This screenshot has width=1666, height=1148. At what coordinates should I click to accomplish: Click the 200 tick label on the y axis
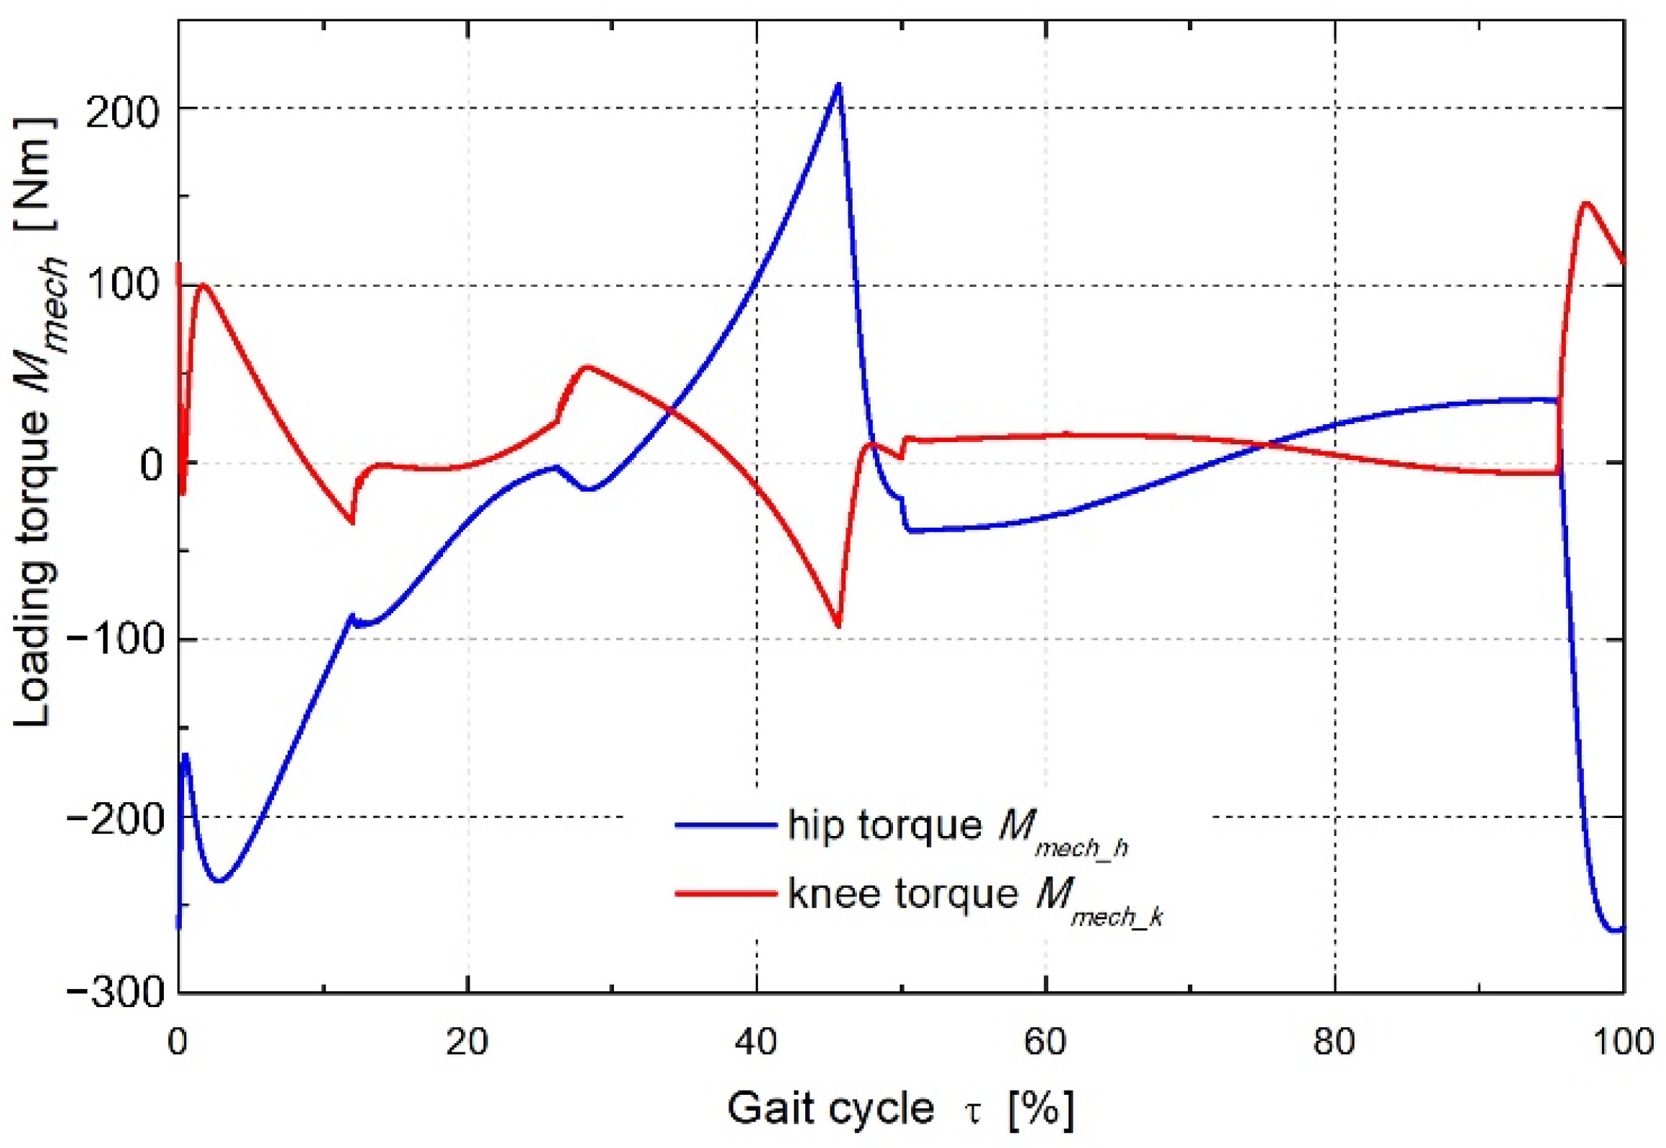(121, 113)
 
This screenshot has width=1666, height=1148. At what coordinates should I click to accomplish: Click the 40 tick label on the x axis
(756, 1042)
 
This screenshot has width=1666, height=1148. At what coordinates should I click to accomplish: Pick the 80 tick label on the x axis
(1335, 1042)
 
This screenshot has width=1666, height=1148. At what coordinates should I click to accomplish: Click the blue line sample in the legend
(726, 825)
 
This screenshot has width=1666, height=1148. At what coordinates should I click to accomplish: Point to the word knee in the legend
(835, 894)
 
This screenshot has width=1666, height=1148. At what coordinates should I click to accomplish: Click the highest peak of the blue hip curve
(838, 85)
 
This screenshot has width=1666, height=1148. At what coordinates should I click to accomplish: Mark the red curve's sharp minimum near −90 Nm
(838, 626)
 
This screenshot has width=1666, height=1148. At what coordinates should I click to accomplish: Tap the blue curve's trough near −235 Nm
(220, 881)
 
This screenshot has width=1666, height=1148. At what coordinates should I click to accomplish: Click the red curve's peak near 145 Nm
(1580, 203)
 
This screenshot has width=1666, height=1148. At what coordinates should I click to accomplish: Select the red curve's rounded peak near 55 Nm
(587, 367)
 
